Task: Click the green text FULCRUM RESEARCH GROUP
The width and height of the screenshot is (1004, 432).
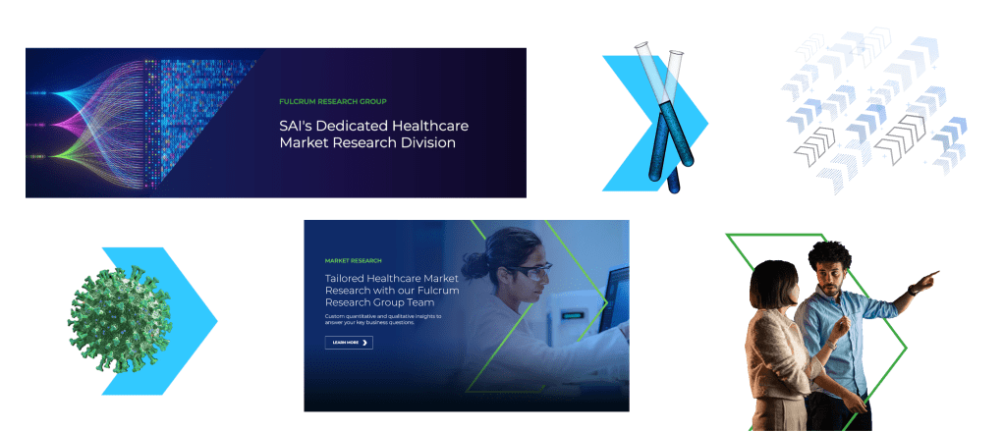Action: coord(333,101)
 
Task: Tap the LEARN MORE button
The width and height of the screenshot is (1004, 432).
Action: coord(349,343)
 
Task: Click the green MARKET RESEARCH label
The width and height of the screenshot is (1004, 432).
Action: coord(353,260)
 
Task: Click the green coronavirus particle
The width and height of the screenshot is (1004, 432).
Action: coord(120,319)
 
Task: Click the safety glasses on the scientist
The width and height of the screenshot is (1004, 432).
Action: coord(530,272)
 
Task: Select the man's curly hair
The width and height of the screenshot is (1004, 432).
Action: coord(830,256)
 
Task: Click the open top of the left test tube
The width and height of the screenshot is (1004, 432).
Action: coord(641,46)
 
